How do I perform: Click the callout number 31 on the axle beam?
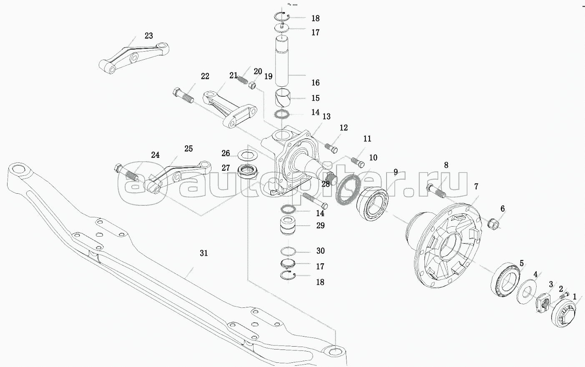click(203, 253)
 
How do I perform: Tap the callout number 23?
click(149, 36)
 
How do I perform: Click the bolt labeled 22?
click(183, 96)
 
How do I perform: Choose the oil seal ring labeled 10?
click(346, 189)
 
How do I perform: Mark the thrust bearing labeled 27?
click(249, 170)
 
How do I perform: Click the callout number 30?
click(320, 251)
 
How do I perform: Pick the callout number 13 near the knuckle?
click(326, 117)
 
